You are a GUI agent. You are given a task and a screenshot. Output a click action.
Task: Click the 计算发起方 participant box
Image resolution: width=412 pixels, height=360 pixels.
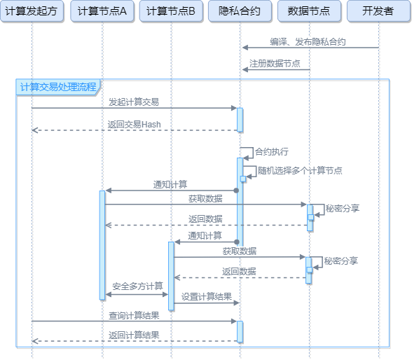pyautogui.click(x=32, y=11)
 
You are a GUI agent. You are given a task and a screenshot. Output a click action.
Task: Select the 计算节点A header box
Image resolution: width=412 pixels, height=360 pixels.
pyautogui.click(x=102, y=11)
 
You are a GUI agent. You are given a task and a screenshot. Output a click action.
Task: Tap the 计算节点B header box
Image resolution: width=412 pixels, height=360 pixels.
pyautogui.click(x=171, y=11)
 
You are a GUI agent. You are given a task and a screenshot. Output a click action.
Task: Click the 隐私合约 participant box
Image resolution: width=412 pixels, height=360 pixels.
pyautogui.click(x=240, y=11)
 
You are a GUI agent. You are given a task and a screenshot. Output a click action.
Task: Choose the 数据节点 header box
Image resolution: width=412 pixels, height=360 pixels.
pyautogui.click(x=309, y=11)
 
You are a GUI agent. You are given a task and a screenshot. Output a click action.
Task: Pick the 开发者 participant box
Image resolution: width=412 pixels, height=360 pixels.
pyautogui.click(x=379, y=11)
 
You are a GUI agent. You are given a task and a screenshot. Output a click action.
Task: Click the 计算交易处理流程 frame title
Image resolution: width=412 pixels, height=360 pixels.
pyautogui.click(x=59, y=87)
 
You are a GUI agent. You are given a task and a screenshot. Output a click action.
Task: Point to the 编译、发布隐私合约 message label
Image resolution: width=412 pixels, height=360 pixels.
pyautogui.click(x=308, y=42)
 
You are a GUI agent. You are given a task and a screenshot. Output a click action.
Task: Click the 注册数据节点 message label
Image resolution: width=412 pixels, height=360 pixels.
pyautogui.click(x=275, y=64)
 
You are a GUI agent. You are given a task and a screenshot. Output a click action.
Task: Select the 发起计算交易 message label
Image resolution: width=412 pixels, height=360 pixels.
pyautogui.click(x=134, y=102)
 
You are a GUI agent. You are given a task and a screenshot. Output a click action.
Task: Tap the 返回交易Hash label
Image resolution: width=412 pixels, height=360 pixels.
pyautogui.click(x=134, y=124)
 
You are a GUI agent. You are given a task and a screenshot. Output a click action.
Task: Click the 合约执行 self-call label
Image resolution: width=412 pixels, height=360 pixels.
pyautogui.click(x=271, y=151)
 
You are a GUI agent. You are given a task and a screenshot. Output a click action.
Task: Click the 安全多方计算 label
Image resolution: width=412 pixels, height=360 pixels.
pyautogui.click(x=137, y=286)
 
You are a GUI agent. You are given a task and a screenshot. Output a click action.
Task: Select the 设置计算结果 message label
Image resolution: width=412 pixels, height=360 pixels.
pyautogui.click(x=207, y=297)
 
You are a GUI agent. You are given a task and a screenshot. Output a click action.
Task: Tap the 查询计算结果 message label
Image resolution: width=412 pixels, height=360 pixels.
pyautogui.click(x=134, y=315)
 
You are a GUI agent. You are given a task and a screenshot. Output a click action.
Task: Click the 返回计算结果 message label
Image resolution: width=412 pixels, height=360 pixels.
pyautogui.click(x=134, y=335)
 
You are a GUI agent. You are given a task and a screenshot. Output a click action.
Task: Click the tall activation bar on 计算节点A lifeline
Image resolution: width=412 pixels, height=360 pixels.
pyautogui.click(x=102, y=245)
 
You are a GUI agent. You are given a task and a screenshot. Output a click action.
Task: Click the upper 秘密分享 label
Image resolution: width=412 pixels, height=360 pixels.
pyautogui.click(x=343, y=208)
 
